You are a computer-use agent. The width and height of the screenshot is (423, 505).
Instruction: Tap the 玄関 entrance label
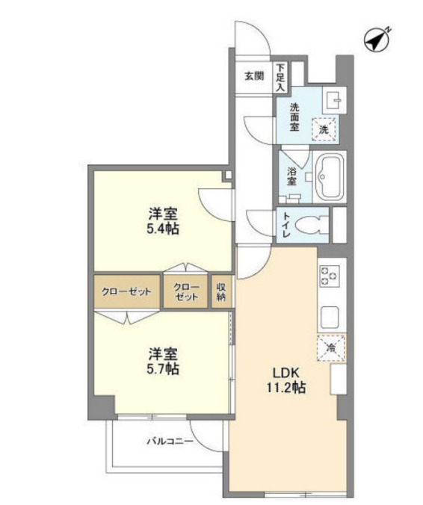click(x=254, y=75)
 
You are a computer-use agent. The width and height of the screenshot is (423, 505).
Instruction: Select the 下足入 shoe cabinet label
click(x=280, y=78)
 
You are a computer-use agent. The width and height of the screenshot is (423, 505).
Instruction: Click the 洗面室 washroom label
click(x=295, y=117)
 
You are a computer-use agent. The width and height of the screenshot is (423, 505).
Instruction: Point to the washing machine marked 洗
click(x=324, y=128)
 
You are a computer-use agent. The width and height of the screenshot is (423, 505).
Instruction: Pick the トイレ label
click(x=286, y=225)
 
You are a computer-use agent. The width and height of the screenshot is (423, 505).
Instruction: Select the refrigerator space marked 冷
click(x=330, y=348)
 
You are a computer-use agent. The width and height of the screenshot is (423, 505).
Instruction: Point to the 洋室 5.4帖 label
click(x=162, y=220)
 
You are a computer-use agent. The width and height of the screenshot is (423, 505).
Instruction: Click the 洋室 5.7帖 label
click(x=162, y=361)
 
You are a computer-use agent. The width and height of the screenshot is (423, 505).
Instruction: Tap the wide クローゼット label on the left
click(x=126, y=291)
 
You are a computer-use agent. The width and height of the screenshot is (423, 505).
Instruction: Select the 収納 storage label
click(x=221, y=291)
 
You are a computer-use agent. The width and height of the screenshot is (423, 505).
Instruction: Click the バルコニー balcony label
click(x=170, y=442)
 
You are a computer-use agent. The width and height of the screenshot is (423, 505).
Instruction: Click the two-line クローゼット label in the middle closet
click(x=186, y=291)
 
